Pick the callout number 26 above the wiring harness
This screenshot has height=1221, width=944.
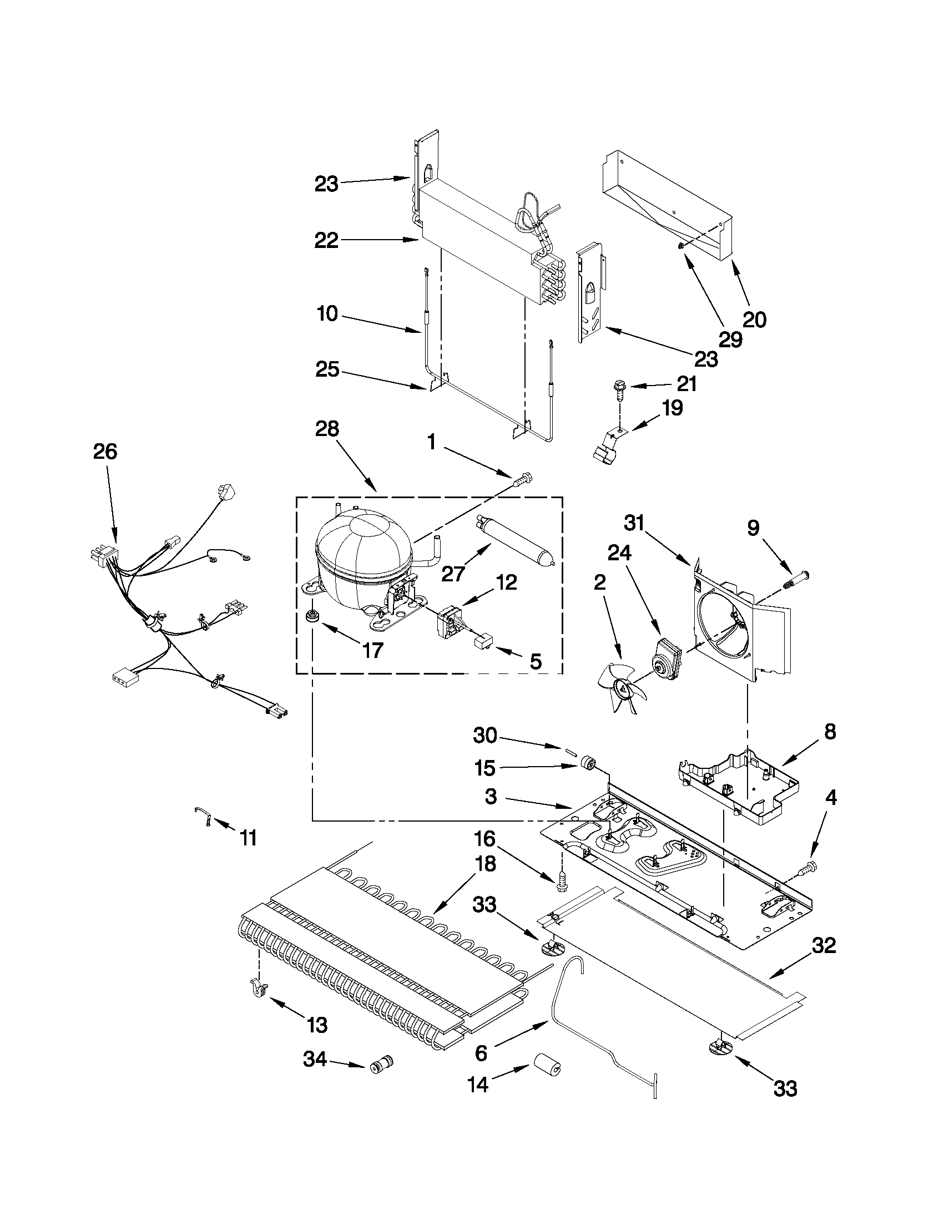(x=105, y=452)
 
